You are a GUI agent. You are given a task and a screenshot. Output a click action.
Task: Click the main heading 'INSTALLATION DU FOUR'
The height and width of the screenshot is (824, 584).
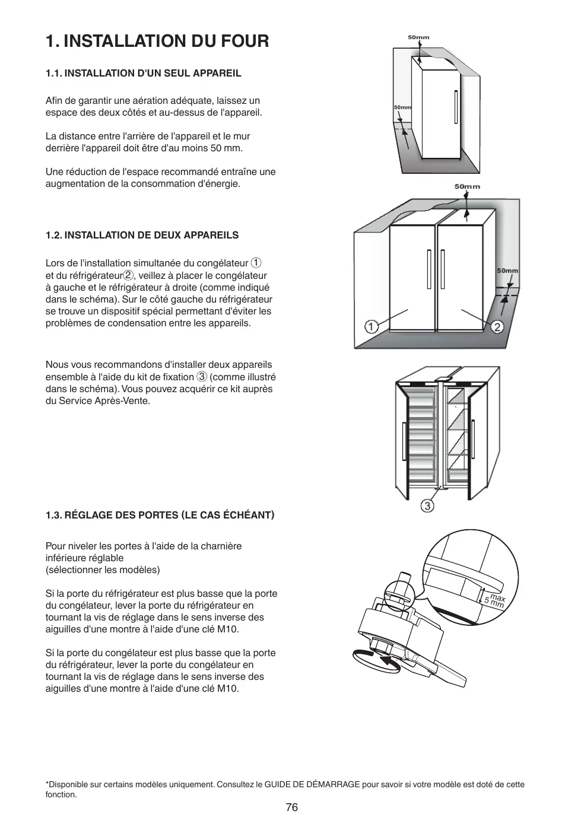157,41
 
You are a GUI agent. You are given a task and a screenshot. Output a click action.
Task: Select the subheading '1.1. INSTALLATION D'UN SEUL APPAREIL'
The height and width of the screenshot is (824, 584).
144,73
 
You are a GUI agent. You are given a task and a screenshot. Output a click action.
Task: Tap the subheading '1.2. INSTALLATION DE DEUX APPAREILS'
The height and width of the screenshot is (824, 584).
142,235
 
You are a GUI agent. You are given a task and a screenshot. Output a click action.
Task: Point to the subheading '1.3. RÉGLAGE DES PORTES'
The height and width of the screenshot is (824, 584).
160,514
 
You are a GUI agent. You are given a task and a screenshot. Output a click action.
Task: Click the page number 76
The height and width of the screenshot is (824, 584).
291,807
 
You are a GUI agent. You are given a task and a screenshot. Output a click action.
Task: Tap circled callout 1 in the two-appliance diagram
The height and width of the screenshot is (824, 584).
371,327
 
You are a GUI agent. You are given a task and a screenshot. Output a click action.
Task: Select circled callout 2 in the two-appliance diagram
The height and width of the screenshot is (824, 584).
497,327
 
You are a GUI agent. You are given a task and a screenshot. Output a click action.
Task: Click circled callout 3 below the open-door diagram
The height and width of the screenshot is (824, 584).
427,505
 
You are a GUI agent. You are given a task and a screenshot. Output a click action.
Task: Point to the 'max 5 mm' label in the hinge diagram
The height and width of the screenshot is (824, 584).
494,600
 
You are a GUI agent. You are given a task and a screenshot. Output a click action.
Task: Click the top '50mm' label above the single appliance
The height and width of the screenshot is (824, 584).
418,37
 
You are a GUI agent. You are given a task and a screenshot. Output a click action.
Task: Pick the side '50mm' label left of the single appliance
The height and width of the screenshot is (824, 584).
402,107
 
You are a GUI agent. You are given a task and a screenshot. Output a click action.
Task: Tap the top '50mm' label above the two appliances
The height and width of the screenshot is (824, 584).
468,186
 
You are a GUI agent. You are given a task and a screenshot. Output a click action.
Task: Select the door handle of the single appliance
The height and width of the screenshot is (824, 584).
456,107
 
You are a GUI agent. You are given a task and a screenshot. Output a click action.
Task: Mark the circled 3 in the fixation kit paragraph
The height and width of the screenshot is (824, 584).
202,377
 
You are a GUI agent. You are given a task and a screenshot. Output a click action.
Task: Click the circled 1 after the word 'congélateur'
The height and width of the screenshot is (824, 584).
256,263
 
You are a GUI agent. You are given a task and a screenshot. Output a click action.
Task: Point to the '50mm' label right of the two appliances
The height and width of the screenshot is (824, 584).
507,271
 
